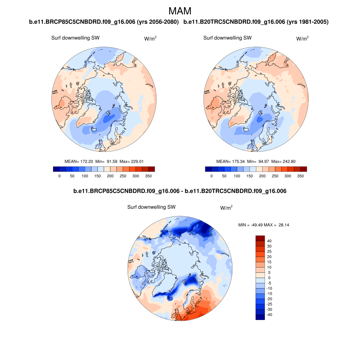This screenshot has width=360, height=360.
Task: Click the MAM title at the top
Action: (180, 11)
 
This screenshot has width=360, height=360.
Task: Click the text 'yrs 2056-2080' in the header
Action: (160, 22)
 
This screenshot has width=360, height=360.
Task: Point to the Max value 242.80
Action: (289, 161)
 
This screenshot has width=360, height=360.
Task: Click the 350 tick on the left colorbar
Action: (148, 176)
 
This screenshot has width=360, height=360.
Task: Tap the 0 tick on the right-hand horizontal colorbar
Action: (212, 176)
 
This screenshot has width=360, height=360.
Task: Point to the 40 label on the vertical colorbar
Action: (269, 241)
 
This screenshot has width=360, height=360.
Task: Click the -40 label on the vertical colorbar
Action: (270, 315)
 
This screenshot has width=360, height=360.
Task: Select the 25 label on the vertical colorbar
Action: (269, 252)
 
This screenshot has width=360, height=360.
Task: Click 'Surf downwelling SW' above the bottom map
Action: (151, 207)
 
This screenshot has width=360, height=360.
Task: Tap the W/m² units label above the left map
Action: (150, 38)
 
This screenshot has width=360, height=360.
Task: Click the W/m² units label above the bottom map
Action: (226, 208)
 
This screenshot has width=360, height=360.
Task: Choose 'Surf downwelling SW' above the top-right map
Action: (227, 38)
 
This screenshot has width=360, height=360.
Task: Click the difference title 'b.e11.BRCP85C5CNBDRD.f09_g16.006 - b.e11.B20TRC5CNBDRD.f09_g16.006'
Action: (180, 191)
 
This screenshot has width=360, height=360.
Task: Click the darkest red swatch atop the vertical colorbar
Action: (260, 238)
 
